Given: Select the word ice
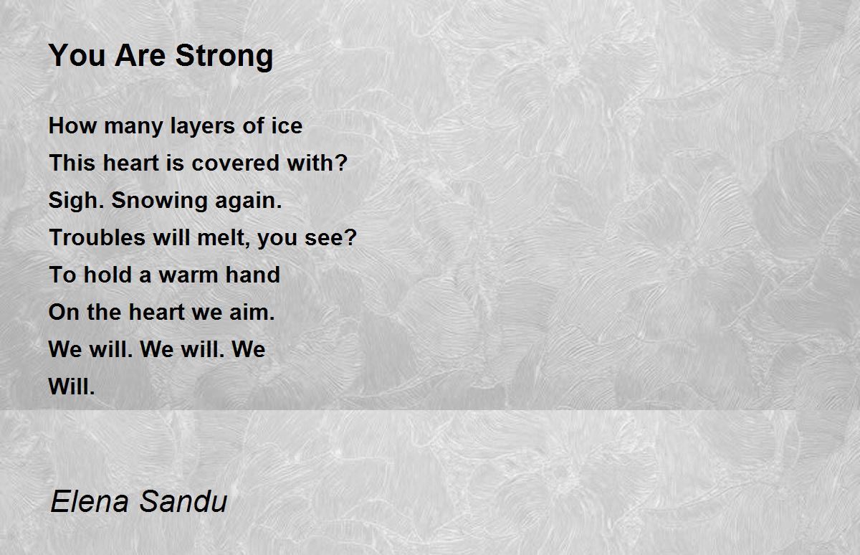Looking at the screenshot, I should click(x=285, y=126).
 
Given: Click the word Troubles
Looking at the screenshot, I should click(x=97, y=238).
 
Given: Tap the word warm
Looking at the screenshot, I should click(x=193, y=275).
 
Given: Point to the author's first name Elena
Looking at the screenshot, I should click(x=89, y=501).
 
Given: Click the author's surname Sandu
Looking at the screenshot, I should click(x=183, y=501).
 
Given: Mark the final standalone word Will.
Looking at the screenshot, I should click(x=71, y=387).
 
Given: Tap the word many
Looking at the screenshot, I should click(x=130, y=127).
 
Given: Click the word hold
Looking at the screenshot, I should click(x=107, y=275).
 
